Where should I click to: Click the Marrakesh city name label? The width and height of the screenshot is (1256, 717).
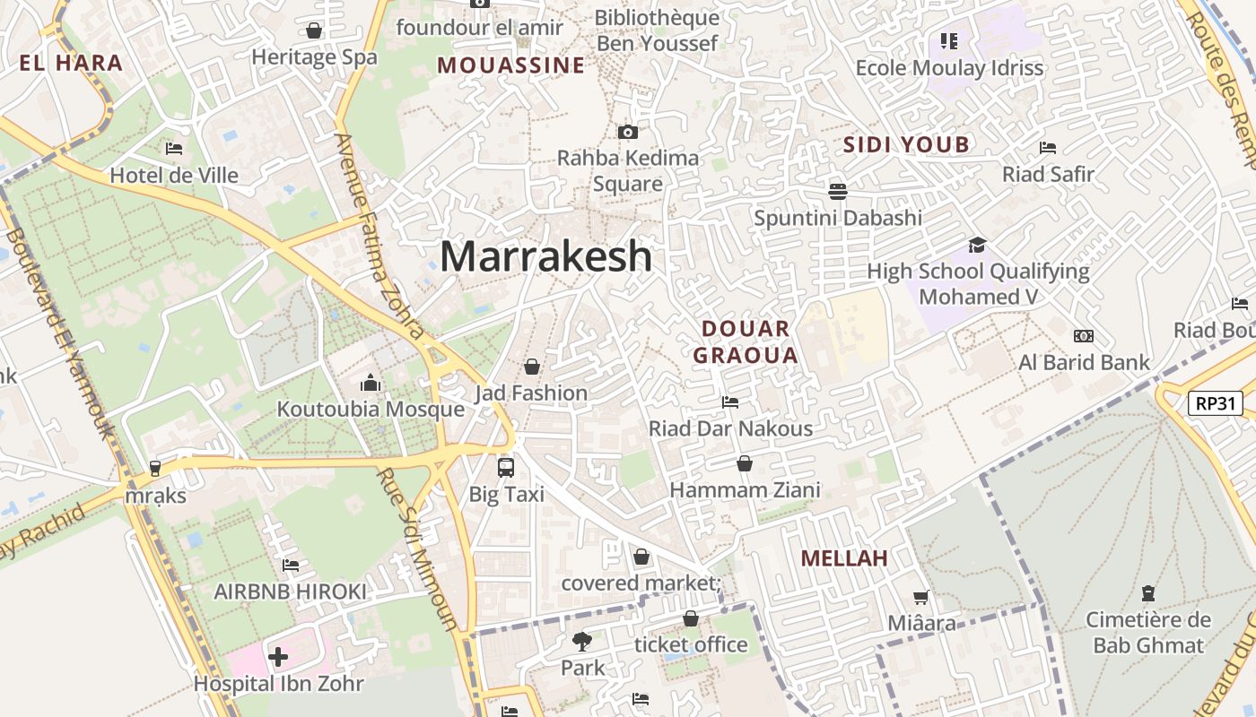click(545, 257)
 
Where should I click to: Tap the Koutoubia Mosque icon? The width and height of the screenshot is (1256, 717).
click(371, 384)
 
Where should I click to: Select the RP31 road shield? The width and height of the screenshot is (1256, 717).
click(1216, 403)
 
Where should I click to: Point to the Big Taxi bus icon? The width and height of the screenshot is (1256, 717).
click(506, 467)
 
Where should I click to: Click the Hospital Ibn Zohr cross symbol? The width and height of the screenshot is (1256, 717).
click(278, 657)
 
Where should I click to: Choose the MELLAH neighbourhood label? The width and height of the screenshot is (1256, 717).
click(844, 558)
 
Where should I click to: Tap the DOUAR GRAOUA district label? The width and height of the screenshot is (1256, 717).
click(746, 341)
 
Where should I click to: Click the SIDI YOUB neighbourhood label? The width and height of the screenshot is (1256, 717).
click(906, 144)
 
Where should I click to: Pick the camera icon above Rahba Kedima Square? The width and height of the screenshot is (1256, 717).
click(628, 133)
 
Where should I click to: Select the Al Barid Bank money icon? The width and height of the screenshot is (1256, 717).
click(1084, 336)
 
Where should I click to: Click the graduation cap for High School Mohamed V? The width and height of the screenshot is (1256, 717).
click(977, 245)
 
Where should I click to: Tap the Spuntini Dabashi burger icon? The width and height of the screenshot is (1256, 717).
click(838, 191)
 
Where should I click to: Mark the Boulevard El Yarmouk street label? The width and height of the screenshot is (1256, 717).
click(60, 332)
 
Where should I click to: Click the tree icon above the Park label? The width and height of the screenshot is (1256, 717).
click(582, 641)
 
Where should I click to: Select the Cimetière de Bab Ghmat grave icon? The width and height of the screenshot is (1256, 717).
click(1147, 593)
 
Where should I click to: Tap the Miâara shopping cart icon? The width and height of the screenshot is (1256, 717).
click(920, 597)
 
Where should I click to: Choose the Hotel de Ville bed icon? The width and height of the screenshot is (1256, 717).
click(174, 149)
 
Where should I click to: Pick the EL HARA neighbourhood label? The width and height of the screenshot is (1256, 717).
click(71, 63)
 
